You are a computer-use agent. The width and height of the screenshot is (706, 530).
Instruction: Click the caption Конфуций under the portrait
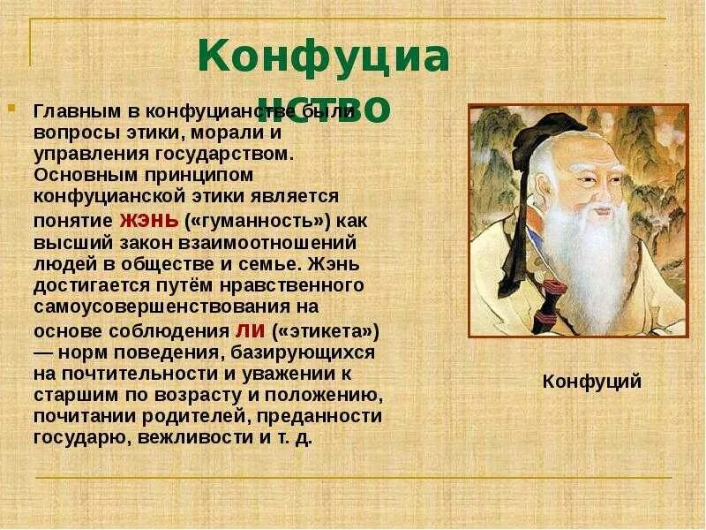pyautogui.click(x=591, y=382)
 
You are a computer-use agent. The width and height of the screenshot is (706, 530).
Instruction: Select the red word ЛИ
pyautogui.click(x=246, y=330)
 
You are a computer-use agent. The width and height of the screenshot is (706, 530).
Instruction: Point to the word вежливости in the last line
pyautogui.click(x=197, y=436)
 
